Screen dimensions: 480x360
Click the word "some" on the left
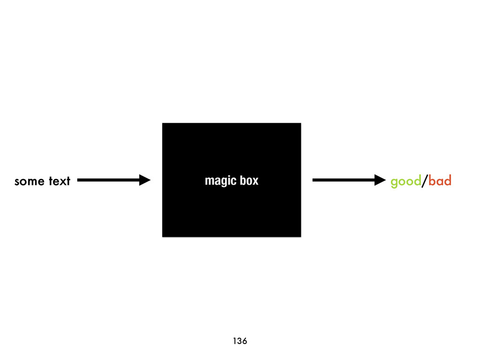29,181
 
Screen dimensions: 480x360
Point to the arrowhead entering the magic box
145,180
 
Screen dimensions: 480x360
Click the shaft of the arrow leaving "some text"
108,180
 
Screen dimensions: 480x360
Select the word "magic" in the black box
219,181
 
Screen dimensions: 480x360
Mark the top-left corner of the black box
163,123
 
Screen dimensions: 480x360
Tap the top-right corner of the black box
300,123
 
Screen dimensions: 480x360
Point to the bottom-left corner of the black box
163,236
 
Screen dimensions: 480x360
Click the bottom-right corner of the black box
300,236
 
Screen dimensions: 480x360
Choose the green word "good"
405,181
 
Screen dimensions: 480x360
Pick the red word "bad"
440,181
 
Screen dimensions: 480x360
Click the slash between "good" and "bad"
425,181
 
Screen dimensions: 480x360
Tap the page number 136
240,341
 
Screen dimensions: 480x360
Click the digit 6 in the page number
245,341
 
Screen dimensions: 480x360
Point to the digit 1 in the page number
234,341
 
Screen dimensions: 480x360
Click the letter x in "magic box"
255,181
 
